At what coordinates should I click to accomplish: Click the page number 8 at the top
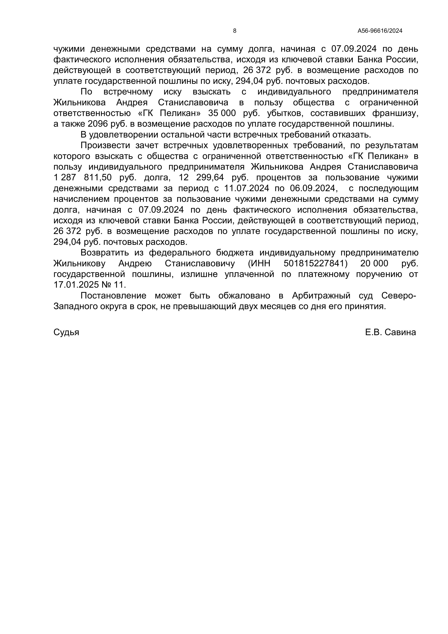click(x=235, y=31)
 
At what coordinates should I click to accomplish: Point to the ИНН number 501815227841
click(x=315, y=263)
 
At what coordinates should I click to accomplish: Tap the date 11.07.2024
click(x=246, y=188)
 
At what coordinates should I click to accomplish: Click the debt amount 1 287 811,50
click(x=83, y=178)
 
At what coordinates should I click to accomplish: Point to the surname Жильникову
click(x=79, y=263)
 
